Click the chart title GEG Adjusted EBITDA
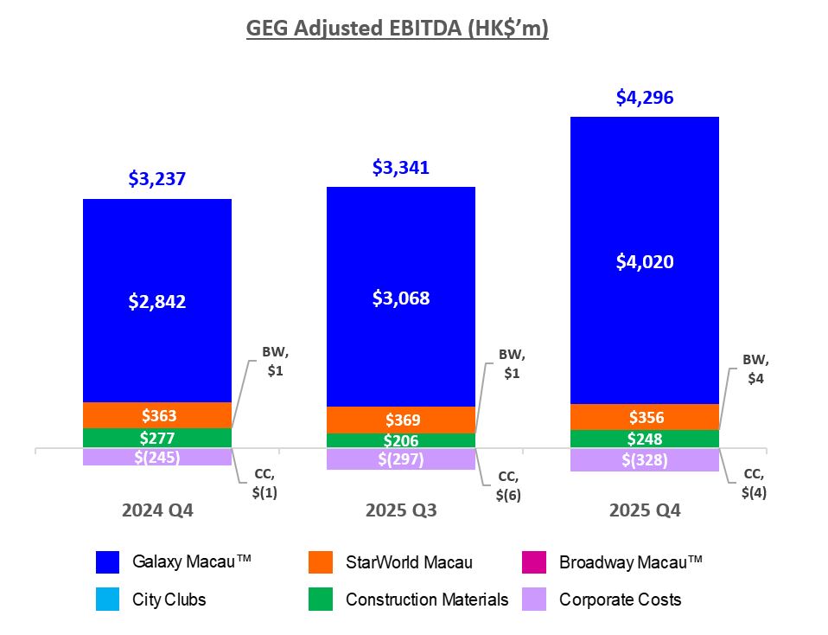point(398,29)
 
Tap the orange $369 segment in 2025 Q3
point(401,420)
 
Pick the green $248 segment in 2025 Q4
point(645,439)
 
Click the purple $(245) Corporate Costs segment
point(157,457)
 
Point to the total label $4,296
point(645,98)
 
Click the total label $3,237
point(157,179)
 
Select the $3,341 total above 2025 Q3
point(401,167)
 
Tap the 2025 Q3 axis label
point(401,510)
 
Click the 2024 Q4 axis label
point(157,510)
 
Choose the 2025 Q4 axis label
point(645,510)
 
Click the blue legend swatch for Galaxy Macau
point(107,563)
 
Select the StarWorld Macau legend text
point(409,562)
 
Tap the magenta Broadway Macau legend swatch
point(534,563)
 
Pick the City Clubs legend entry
point(169,599)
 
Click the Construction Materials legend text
point(427,599)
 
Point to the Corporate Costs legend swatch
point(534,600)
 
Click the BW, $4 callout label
point(756,369)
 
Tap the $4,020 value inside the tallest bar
point(645,262)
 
